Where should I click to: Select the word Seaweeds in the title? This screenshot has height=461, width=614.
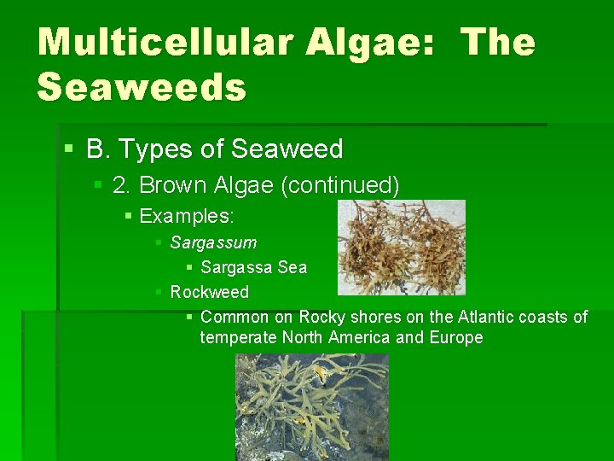tap(142, 86)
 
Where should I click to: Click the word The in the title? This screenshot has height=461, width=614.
tap(498, 44)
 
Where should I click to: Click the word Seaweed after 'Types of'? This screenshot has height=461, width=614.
tap(287, 149)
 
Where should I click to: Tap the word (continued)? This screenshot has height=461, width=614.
tap(345, 185)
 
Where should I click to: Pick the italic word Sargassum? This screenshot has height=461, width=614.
tap(213, 243)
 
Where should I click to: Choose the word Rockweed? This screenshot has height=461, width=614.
tap(210, 292)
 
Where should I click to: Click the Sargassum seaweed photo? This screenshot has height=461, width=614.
tap(402, 247)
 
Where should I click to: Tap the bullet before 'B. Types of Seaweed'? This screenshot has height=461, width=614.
tap(69, 150)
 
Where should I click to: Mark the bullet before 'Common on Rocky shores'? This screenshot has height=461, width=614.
tap(190, 318)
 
